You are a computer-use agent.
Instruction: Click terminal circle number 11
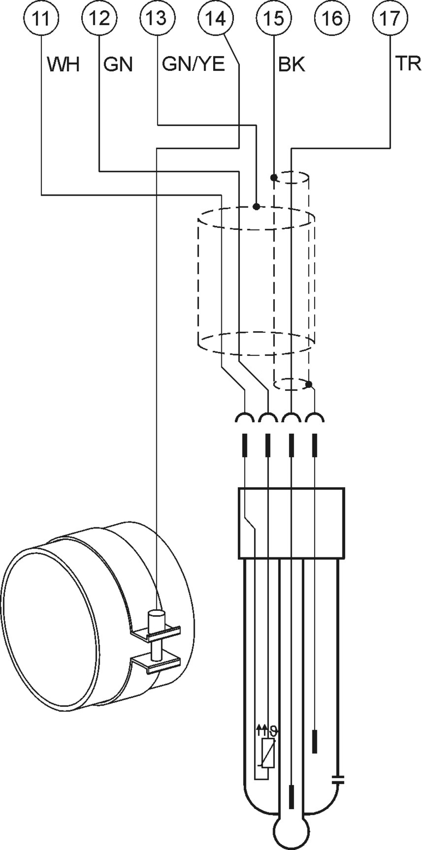point(41,18)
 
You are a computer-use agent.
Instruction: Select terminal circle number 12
point(100,18)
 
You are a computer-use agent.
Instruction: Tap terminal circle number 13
point(158,18)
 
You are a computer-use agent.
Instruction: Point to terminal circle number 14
point(216,18)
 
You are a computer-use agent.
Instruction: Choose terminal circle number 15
point(274,18)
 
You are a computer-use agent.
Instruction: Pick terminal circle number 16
point(333,18)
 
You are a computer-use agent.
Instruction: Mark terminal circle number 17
point(390,18)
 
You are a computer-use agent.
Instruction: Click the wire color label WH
point(63,64)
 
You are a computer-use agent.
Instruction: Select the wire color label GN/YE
point(194,64)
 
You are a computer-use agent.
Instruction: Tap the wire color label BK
point(292,64)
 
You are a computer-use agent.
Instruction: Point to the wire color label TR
point(408,64)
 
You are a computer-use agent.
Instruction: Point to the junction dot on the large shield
point(256,207)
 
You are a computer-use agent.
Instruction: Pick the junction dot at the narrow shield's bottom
point(309,384)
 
